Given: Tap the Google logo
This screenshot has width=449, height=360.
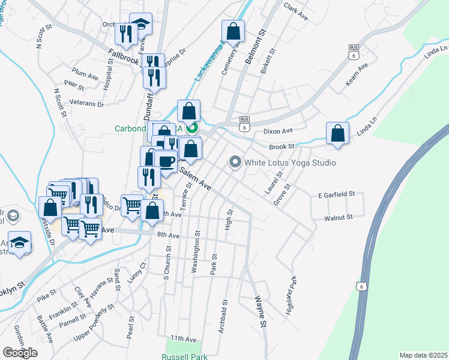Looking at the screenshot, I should tap(20, 352).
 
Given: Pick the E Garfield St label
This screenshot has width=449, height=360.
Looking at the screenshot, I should tap(337, 194).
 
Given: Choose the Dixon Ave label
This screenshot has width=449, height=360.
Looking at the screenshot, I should tap(278, 130).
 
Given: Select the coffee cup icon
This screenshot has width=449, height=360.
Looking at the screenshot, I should tap(166, 161).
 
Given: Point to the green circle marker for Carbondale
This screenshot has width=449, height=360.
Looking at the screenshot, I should tap(193, 127).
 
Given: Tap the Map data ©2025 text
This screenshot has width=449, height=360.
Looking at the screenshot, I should tap(423, 355).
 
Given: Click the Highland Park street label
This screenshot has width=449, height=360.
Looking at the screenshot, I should tap(292, 289).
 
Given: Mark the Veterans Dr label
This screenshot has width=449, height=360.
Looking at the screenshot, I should tap(87, 104).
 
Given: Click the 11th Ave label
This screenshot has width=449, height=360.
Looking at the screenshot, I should tap(183, 339).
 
